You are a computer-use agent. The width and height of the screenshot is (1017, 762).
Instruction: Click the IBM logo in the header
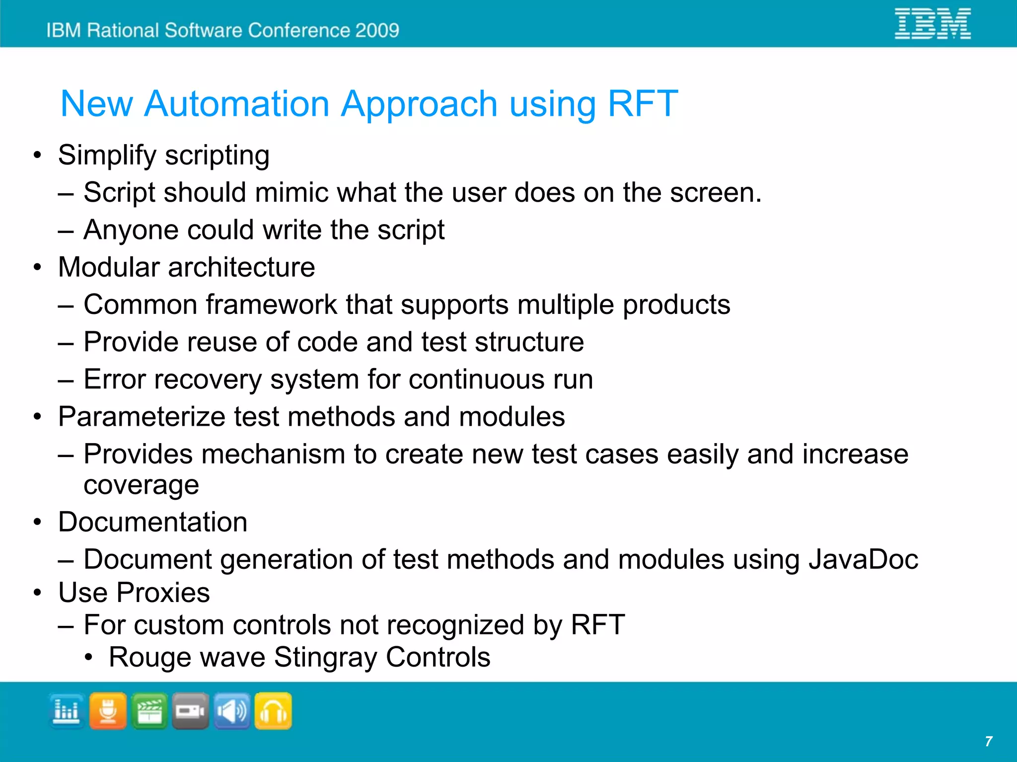pos(932,23)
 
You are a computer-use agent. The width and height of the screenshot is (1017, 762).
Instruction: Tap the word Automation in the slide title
pos(237,104)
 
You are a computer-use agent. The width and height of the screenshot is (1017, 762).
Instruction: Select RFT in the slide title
pos(643,104)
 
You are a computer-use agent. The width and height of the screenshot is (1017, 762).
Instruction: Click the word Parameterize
pos(141,417)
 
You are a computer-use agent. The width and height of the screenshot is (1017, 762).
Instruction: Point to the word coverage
pos(141,485)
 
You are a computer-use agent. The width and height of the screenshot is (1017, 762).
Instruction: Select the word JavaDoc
pos(863,560)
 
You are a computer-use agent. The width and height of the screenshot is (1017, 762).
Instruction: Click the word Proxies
pos(163,593)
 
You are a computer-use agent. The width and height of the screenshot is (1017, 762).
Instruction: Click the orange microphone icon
pos(108,711)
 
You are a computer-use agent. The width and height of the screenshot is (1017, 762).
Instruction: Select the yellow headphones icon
pos(273,711)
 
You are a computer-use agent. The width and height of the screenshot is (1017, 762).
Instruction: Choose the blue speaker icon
pos(232,711)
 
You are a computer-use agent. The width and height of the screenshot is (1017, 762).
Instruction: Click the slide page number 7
pos(988,742)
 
